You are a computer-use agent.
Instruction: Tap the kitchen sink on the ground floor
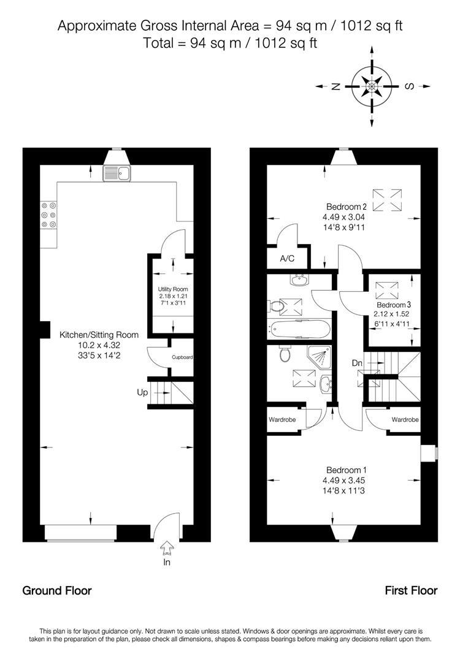tap(117, 173)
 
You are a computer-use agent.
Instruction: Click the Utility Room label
tap(172, 289)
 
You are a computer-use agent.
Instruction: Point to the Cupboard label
tap(182, 357)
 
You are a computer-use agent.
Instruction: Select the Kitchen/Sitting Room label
tap(99, 335)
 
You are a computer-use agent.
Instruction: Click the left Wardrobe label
tap(282, 420)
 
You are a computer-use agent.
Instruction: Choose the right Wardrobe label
tap(405, 420)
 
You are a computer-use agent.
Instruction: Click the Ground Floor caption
tap(57, 591)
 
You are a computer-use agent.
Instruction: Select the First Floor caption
tap(411, 591)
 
